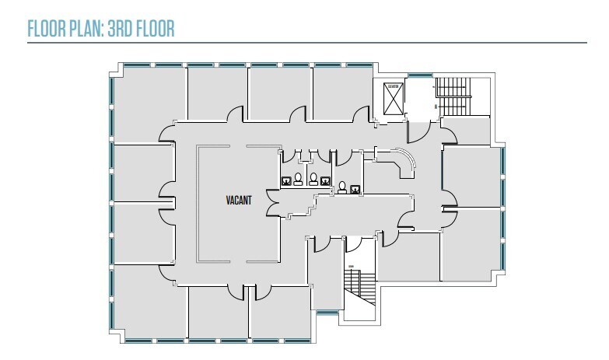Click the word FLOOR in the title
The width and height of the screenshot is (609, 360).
(44, 29)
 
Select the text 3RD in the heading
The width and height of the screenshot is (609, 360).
(120, 29)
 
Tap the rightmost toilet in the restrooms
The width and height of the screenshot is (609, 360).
(343, 185)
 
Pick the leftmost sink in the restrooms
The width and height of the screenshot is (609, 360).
(286, 182)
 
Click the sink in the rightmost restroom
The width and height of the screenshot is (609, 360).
(355, 188)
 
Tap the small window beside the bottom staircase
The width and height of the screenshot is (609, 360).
(327, 313)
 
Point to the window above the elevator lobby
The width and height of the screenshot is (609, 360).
(420, 75)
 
